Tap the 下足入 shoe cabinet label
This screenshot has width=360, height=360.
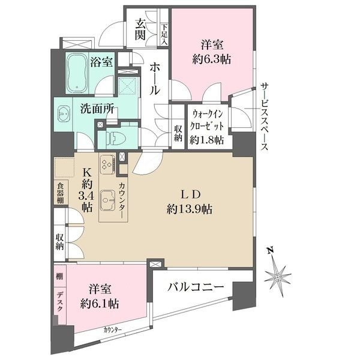tap(164, 35)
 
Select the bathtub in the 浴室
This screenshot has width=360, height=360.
tap(77, 73)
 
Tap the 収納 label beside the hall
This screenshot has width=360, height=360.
tap(178, 133)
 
